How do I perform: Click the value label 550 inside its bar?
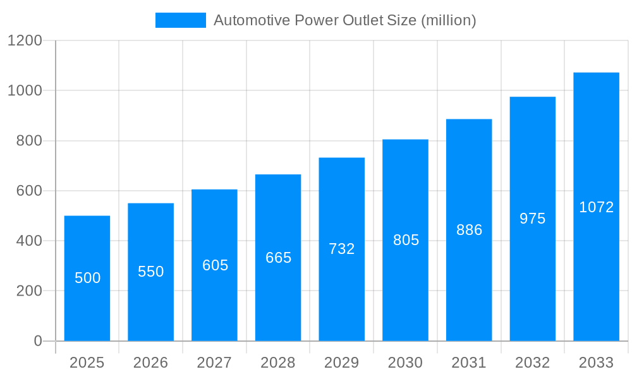[151, 272]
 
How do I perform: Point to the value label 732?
[342, 249]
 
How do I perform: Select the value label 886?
[469, 230]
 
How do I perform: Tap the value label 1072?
[596, 207]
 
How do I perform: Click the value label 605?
[215, 265]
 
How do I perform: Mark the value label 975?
[532, 219]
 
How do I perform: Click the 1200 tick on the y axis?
[25, 40]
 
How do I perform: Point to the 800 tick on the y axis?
[29, 141]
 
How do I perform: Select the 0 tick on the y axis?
[37, 341]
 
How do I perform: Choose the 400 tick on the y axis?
[29, 241]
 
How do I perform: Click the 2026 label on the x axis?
[151, 363]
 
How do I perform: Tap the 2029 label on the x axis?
[342, 363]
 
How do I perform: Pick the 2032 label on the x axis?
[532, 363]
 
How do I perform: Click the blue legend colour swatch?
[181, 20]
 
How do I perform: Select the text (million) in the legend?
[448, 20]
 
